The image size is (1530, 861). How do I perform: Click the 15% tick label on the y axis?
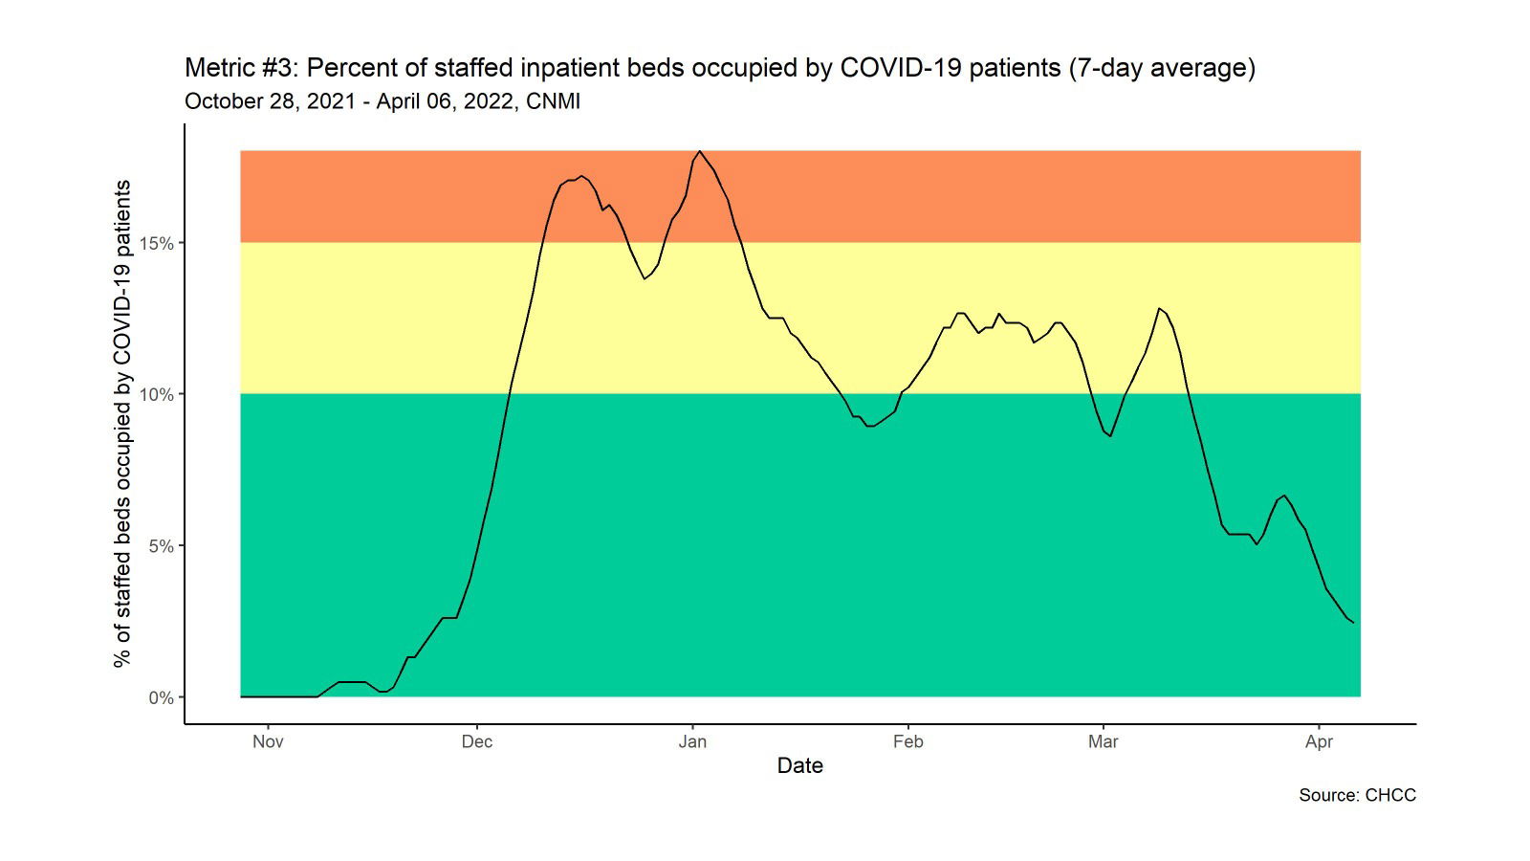(157, 243)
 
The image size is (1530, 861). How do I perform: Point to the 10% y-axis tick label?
(157, 394)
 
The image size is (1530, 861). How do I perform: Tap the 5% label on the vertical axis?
(161, 546)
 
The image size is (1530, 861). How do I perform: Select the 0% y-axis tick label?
(161, 697)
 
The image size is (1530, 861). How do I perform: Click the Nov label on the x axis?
(268, 741)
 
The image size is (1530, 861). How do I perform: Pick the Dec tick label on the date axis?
(476, 741)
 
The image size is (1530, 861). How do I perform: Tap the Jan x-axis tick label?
(692, 741)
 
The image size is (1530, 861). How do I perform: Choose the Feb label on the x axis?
(907, 741)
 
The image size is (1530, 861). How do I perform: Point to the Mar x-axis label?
(1103, 741)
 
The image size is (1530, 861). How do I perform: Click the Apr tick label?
(1319, 741)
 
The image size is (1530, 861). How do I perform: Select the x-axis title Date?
(799, 765)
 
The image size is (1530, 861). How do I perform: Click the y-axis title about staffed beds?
(121, 424)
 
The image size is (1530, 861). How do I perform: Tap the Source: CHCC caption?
(1357, 795)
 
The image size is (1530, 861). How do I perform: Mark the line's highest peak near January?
(700, 151)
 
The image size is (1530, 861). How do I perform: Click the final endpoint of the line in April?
(1353, 623)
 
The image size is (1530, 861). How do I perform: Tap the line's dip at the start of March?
(1110, 436)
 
